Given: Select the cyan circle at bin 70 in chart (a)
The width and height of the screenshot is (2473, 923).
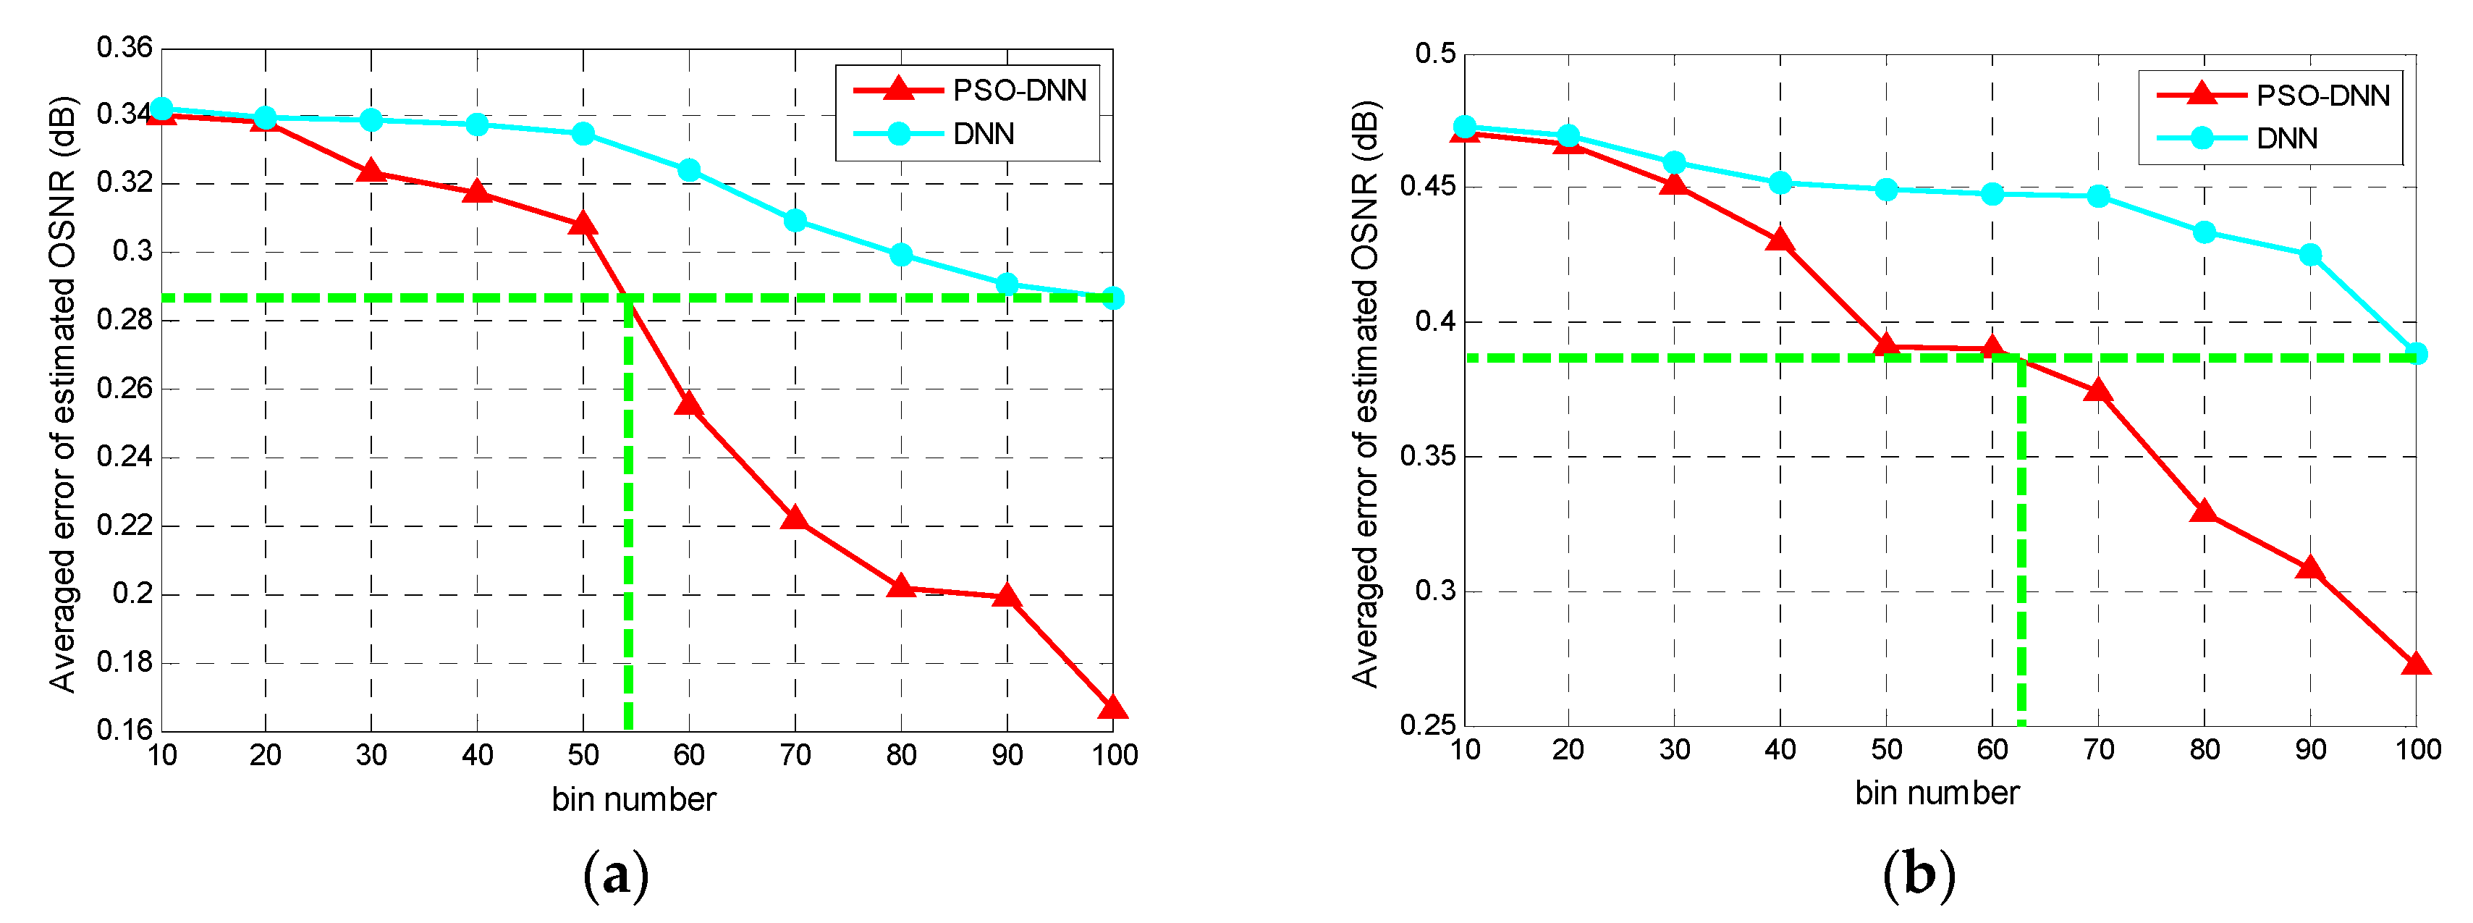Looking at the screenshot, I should coord(795,221).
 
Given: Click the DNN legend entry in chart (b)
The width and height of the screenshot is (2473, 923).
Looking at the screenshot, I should coord(2286,138).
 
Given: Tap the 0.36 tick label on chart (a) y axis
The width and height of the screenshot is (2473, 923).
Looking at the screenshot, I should coord(124,47).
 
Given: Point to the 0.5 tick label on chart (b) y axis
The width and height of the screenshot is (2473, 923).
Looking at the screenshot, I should coord(1435,53).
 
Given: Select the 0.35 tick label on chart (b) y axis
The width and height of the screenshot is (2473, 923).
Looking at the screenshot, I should coord(1427,455).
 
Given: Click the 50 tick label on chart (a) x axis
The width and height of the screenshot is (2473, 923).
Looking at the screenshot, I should coord(583,755).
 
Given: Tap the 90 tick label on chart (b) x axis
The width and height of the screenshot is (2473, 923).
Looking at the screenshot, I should coord(2309,749).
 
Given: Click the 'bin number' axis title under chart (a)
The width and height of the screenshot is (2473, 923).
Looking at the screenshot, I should coord(633,799).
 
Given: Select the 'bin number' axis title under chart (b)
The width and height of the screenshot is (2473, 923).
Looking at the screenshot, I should coord(1937,793).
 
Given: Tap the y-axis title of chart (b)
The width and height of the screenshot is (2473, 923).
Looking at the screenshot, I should coord(1364,394).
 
